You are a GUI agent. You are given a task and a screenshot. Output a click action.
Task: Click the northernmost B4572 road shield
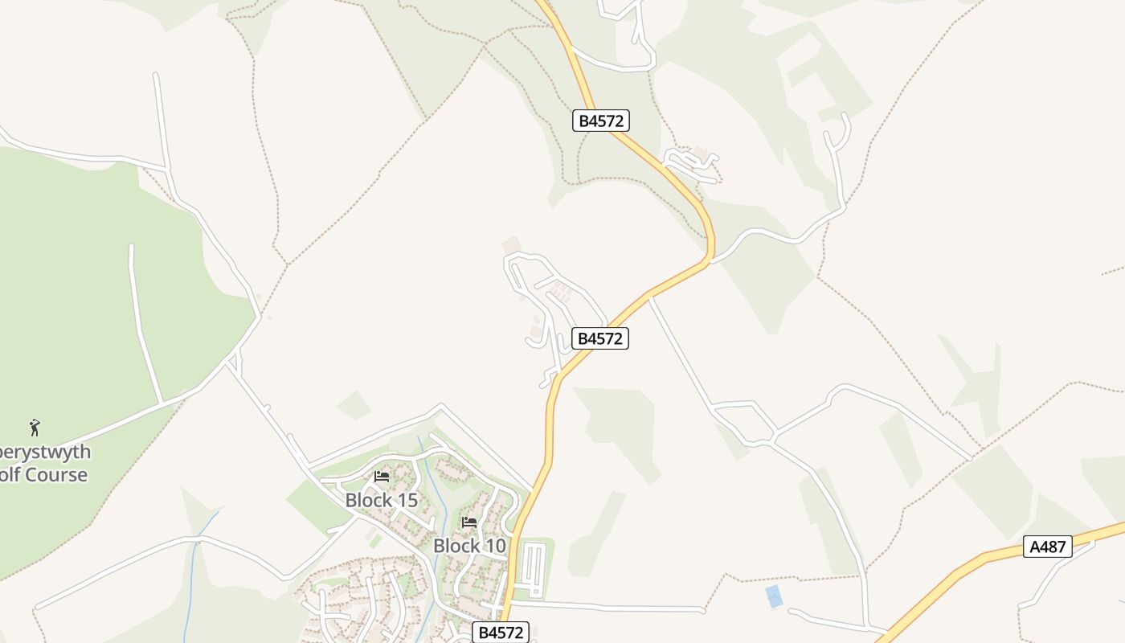click(601, 121)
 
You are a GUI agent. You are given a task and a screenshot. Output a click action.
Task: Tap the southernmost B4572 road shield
click(501, 633)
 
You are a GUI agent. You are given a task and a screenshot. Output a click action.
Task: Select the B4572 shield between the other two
click(600, 338)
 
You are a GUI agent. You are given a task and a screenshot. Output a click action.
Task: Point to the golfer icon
click(35, 428)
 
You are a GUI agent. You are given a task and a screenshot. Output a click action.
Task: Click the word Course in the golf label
click(55, 474)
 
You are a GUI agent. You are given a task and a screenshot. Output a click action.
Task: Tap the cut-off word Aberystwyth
click(45, 452)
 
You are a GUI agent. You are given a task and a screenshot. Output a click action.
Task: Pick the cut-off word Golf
click(8, 474)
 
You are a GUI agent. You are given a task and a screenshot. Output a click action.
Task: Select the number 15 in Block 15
click(407, 500)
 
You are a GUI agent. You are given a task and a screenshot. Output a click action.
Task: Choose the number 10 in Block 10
click(495, 546)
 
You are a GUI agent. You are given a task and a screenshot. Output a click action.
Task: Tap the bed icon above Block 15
click(382, 477)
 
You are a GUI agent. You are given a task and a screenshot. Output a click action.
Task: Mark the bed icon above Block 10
click(469, 522)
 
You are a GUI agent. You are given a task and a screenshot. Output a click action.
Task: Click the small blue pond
click(774, 596)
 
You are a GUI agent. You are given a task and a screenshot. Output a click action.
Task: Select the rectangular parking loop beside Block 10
click(534, 569)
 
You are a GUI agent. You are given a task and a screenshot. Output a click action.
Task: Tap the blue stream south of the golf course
click(193, 563)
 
